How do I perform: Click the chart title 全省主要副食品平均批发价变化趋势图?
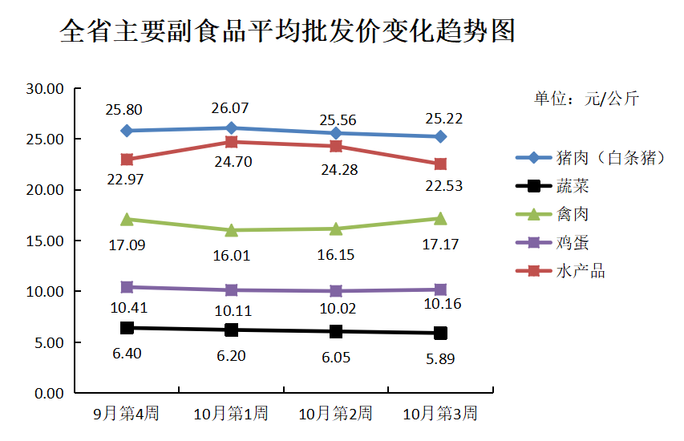coord(287,32)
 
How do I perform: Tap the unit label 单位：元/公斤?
coord(586,99)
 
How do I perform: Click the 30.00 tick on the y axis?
coord(45,89)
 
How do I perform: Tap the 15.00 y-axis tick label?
coord(45,241)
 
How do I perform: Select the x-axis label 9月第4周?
coord(127,414)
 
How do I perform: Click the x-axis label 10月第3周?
coord(440,414)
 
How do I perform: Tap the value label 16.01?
coord(231,255)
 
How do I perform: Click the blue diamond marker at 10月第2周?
coord(336,133)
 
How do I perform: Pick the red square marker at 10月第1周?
coord(232,142)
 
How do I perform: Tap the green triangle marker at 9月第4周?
coord(127,219)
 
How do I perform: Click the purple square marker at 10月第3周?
coord(440,289)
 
